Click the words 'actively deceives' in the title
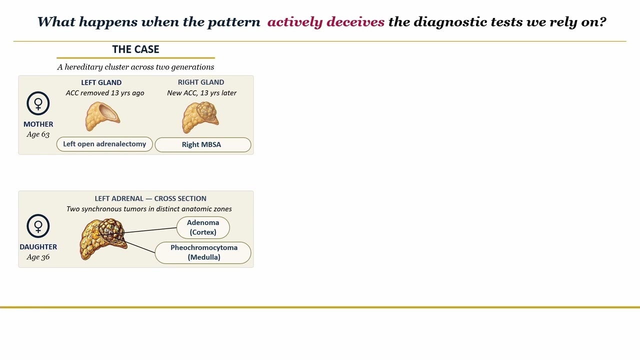point(326,21)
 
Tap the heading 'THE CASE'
point(135,49)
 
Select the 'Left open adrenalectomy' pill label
point(104,144)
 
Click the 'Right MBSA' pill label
point(203,144)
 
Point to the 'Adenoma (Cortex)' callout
point(203,227)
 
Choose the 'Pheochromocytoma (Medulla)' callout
point(203,252)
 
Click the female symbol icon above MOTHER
point(38,103)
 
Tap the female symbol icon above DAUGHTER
point(38,226)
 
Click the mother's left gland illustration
point(102,116)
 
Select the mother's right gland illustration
point(200,117)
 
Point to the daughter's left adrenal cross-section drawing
point(103,239)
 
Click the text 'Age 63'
point(38,134)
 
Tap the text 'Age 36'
point(38,257)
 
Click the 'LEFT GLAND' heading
point(101,82)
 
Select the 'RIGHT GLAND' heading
point(201,82)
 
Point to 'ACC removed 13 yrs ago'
point(105,93)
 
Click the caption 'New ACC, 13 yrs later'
point(201,93)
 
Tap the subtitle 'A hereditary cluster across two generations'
point(135,67)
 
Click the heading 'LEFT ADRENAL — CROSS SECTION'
point(150,198)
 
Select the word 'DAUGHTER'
point(38,247)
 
